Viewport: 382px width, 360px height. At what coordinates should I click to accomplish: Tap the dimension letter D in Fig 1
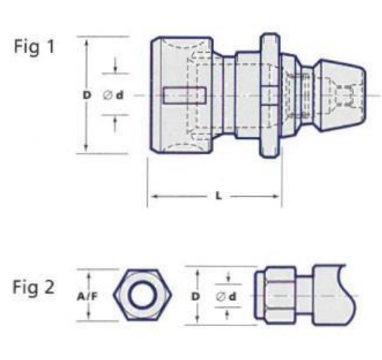coord(86,95)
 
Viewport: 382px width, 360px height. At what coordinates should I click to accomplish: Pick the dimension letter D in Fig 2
coord(195,295)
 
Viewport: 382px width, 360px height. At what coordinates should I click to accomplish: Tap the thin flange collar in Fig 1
coord(267,95)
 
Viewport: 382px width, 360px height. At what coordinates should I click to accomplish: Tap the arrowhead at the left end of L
coord(151,195)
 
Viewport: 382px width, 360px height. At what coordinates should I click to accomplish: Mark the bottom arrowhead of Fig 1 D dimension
coord(86,149)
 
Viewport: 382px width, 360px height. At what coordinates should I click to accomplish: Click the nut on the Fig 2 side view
coord(274,295)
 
